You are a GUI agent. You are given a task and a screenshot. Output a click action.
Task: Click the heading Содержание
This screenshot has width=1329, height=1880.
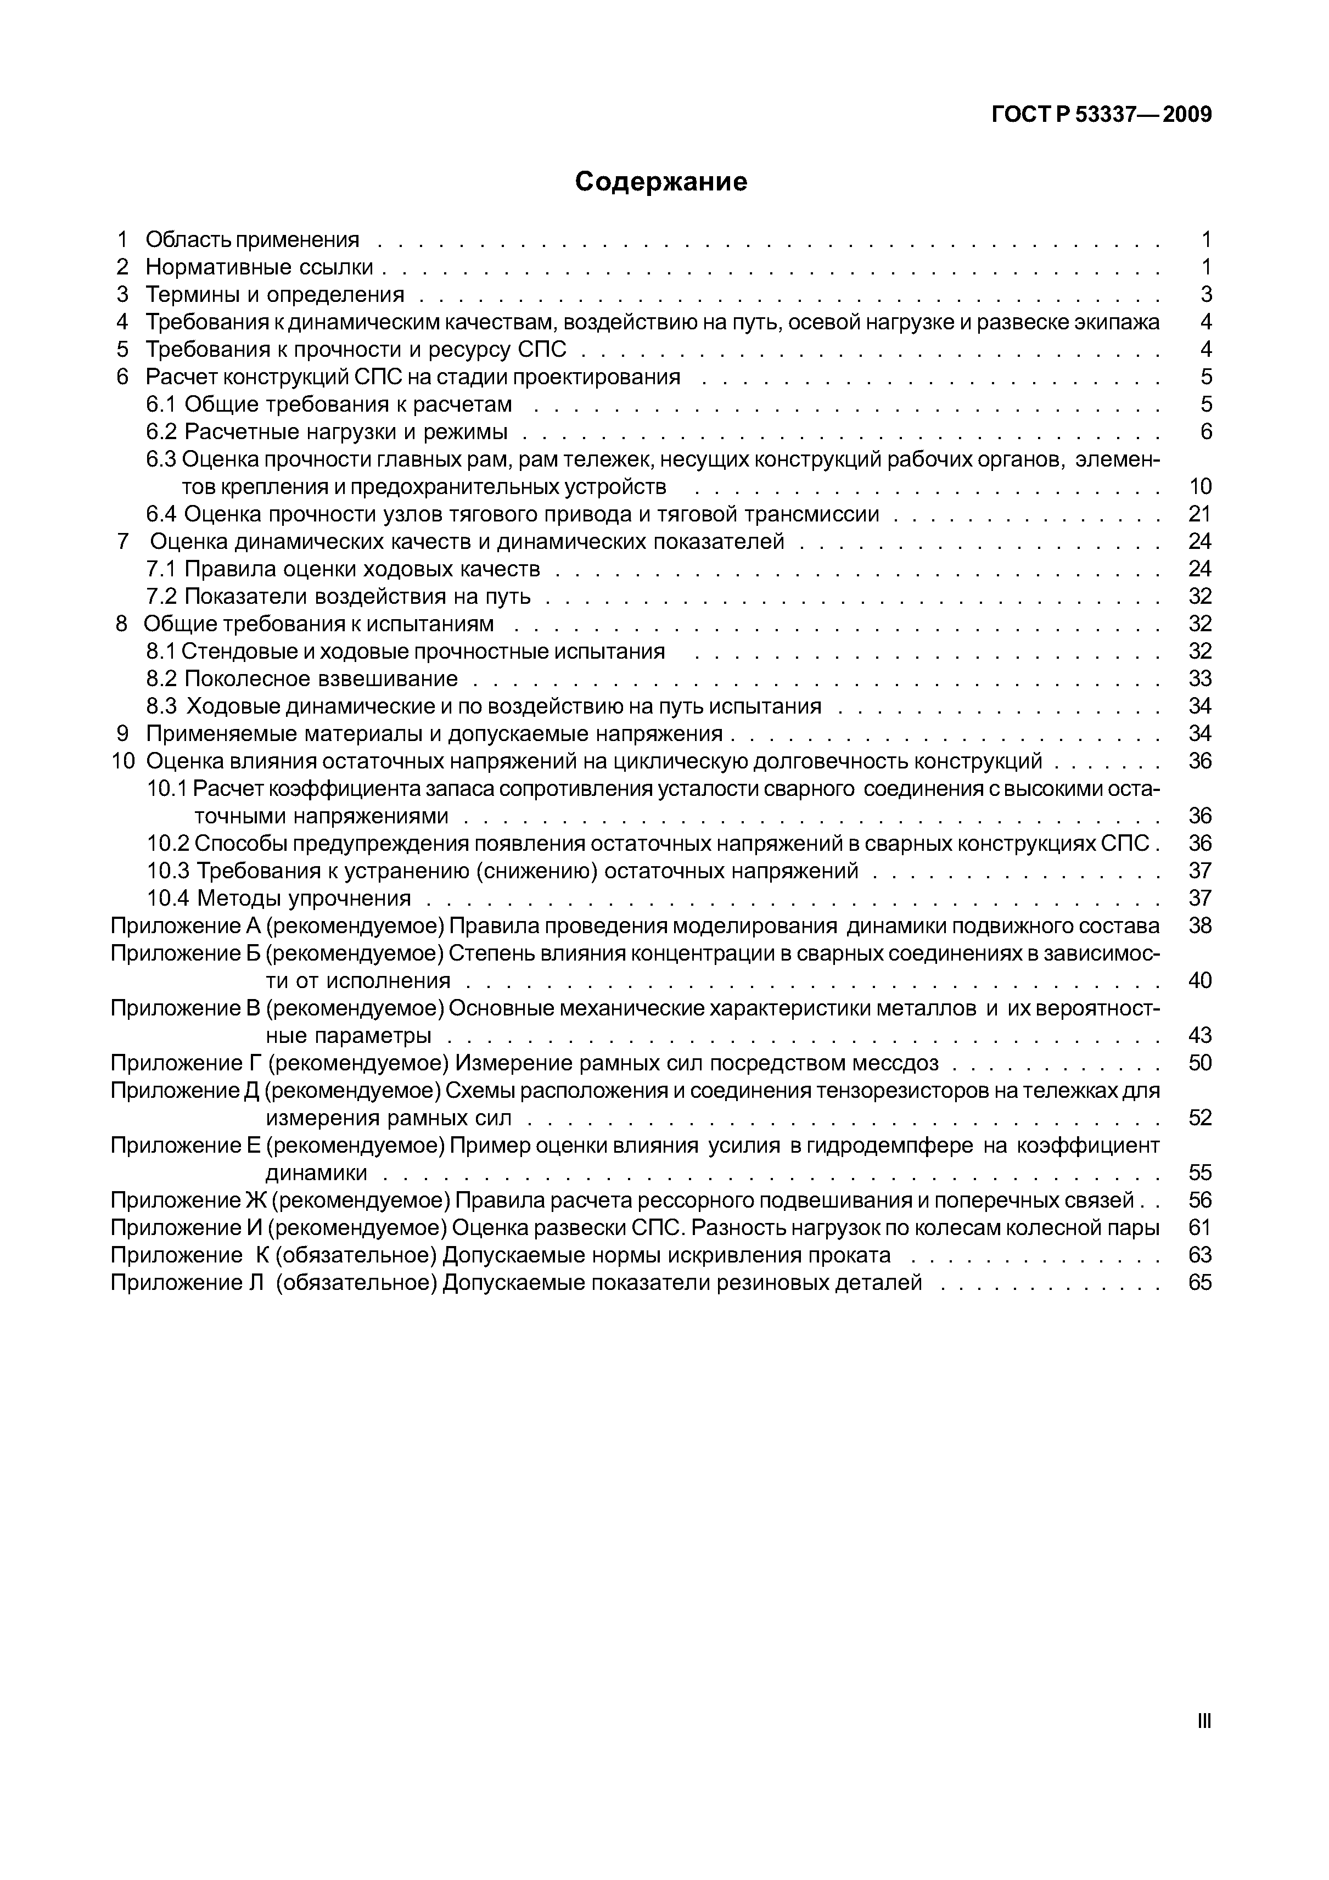coord(661,181)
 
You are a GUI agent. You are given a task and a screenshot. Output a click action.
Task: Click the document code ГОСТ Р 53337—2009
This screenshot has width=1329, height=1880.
coord(1101,115)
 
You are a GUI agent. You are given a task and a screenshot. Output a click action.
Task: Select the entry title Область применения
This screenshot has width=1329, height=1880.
coord(252,239)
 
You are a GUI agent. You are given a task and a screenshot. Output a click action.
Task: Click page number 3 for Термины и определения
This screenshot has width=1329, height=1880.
coord(1205,294)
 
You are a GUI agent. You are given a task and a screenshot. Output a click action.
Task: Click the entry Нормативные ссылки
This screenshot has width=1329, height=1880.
coord(259,267)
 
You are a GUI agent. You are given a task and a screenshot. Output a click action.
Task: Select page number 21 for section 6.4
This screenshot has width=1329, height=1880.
coord(1199,514)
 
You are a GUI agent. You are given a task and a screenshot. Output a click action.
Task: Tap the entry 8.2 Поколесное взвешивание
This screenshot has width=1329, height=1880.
coord(302,679)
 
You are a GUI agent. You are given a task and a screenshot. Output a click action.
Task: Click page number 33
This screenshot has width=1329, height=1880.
coord(1199,679)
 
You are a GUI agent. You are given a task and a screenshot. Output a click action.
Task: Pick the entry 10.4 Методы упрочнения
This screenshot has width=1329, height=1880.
coord(278,898)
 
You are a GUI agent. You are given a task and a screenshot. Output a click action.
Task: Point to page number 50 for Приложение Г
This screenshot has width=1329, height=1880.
coord(1199,1063)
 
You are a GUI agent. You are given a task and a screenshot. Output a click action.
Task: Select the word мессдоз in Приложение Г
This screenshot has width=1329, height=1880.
coord(894,1063)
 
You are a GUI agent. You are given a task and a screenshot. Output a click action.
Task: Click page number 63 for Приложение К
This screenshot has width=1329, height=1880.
coord(1199,1255)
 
